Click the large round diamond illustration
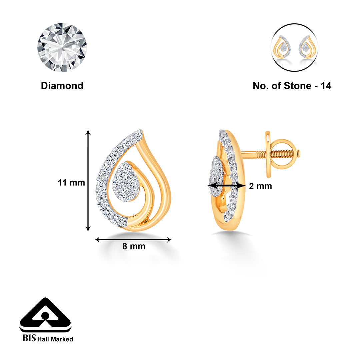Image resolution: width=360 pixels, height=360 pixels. (62, 48)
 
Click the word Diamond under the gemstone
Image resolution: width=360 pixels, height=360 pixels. (62, 86)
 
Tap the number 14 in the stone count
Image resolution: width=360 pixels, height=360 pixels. (326, 86)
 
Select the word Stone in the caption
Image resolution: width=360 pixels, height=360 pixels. (297, 86)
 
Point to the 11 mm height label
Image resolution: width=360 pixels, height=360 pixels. (71, 183)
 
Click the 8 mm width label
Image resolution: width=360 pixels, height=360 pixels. (134, 246)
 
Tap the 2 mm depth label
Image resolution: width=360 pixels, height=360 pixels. (261, 186)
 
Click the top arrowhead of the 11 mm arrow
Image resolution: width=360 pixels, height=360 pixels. (88, 132)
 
